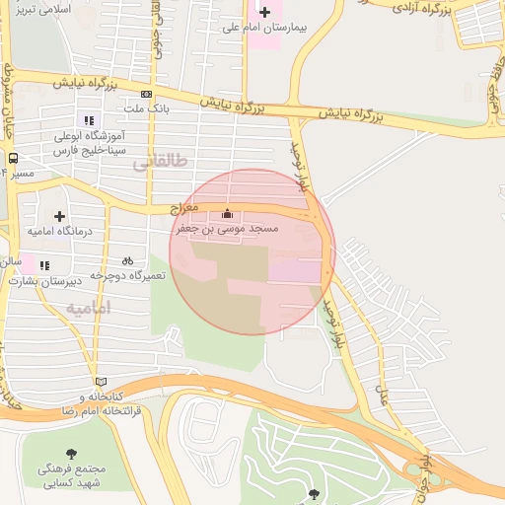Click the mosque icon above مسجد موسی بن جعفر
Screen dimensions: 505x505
(x=228, y=213)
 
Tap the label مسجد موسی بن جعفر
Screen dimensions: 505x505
(x=228, y=229)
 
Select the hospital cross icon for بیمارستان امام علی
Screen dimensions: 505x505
(x=263, y=12)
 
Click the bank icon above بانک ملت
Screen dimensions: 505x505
(x=146, y=94)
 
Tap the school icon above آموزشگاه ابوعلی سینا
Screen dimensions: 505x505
(x=89, y=120)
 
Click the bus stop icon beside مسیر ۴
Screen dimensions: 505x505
(x=13, y=157)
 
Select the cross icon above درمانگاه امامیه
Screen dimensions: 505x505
(x=60, y=215)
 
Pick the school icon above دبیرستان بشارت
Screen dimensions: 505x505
(x=43, y=264)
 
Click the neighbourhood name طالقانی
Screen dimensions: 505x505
(x=158, y=165)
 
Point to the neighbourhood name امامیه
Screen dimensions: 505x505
(x=90, y=308)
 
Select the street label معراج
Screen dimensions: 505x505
(x=184, y=209)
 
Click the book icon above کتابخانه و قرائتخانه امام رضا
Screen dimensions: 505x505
(x=100, y=381)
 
